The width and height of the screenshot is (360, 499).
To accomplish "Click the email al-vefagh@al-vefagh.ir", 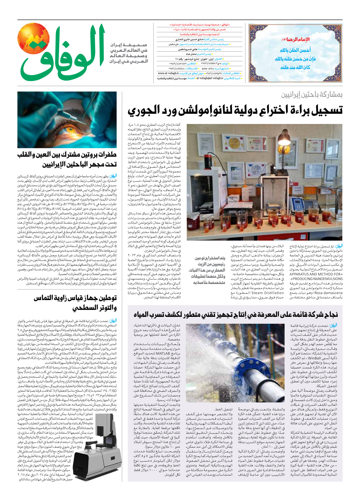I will click(210, 78).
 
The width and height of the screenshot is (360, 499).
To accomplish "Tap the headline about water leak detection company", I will click(236, 314).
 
